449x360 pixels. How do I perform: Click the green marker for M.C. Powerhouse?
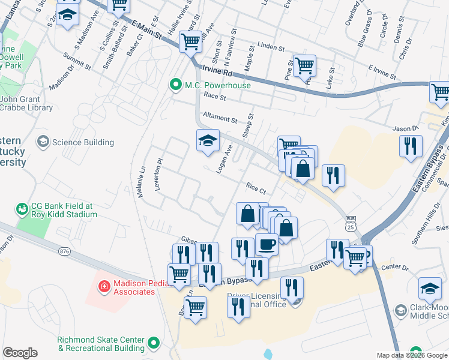[x=176, y=85]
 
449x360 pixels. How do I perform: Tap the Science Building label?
[x=83, y=142]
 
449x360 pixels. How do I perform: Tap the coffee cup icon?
[x=267, y=244]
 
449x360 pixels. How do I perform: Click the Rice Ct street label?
[x=255, y=188]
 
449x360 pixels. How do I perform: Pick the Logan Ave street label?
[x=224, y=158]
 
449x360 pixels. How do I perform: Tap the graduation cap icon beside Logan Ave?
[x=207, y=141]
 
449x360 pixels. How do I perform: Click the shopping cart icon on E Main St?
[x=190, y=42]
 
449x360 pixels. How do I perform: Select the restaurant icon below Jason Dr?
[x=411, y=146]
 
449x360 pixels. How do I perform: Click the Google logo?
[x=20, y=353]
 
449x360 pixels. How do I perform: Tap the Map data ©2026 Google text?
[x=411, y=355]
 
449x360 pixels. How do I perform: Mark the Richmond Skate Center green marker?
[x=154, y=343]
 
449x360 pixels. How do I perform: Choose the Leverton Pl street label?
[x=159, y=175]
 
